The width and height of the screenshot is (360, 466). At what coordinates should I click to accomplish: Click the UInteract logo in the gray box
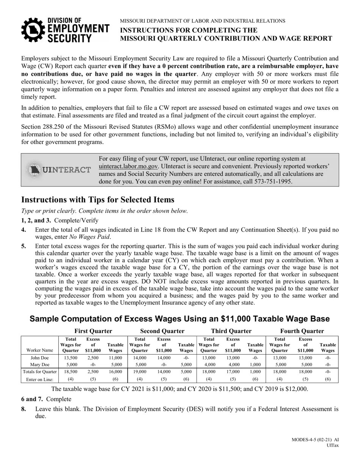tap(59, 170)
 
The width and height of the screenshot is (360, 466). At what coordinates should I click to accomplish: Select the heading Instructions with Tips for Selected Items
tap(98, 200)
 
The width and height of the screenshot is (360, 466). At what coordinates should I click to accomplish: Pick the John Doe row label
tap(39, 358)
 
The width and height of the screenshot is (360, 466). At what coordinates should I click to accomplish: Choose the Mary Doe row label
tap(39, 365)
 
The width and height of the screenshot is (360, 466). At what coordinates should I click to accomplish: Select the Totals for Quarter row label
tap(40, 372)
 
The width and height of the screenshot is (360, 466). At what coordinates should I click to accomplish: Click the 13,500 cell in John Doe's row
tap(71, 358)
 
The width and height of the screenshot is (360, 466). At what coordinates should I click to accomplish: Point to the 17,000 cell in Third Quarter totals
tap(233, 372)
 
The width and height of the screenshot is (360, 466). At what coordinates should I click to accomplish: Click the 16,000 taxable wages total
tap(115, 372)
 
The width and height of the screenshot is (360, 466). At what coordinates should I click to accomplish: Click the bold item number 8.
tap(23, 409)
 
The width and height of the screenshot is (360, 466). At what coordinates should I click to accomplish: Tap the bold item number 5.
tap(23, 246)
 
